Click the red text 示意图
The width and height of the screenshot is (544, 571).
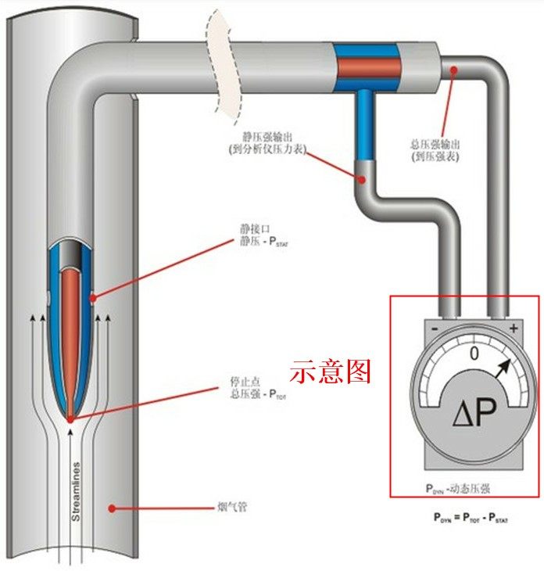(x=330, y=372)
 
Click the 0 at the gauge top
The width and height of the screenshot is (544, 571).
(x=473, y=354)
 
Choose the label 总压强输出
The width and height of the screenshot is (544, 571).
(x=434, y=144)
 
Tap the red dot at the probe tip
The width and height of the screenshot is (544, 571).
(x=70, y=420)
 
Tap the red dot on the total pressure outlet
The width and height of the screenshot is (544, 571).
(x=453, y=70)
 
